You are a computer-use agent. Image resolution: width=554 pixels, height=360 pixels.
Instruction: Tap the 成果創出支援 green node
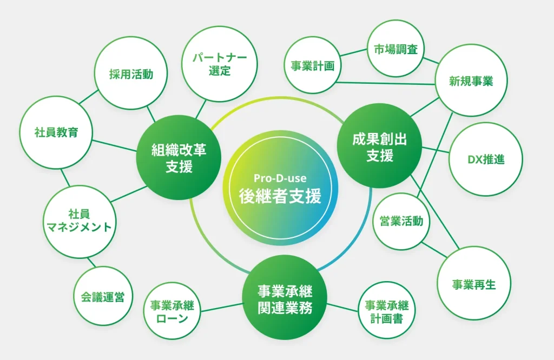[x=379, y=146]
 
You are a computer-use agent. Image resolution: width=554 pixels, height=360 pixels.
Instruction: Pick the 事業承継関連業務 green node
[x=285, y=298]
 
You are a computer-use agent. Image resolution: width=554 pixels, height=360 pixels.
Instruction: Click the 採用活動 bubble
[x=131, y=73]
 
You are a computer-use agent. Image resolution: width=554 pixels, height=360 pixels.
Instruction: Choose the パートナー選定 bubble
[x=220, y=64]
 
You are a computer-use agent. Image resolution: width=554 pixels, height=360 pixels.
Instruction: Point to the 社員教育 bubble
[x=56, y=132]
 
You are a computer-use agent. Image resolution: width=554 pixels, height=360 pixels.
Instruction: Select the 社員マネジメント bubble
[x=80, y=222]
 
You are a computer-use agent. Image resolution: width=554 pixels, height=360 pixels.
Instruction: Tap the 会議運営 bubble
[x=103, y=296]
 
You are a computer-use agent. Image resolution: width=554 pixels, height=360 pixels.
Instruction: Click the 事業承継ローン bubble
[x=172, y=311]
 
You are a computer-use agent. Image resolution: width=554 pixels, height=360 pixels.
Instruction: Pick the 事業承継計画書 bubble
[x=387, y=310]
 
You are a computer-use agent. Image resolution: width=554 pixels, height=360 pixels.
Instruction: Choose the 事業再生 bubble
[x=474, y=283]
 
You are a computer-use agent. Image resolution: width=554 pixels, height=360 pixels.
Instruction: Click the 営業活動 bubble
[x=401, y=222]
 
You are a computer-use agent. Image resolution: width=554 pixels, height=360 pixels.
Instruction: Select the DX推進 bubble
[x=486, y=159]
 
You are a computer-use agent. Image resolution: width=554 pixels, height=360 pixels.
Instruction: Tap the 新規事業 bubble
[x=471, y=81]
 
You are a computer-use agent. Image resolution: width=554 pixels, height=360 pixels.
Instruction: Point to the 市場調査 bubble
[x=395, y=48]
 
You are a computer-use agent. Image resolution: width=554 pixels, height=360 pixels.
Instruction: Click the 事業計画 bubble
[x=313, y=65]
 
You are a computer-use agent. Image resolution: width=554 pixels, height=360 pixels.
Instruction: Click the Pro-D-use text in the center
[x=280, y=178]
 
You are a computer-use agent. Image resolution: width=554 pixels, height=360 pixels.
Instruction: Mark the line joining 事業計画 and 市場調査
[x=354, y=52]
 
